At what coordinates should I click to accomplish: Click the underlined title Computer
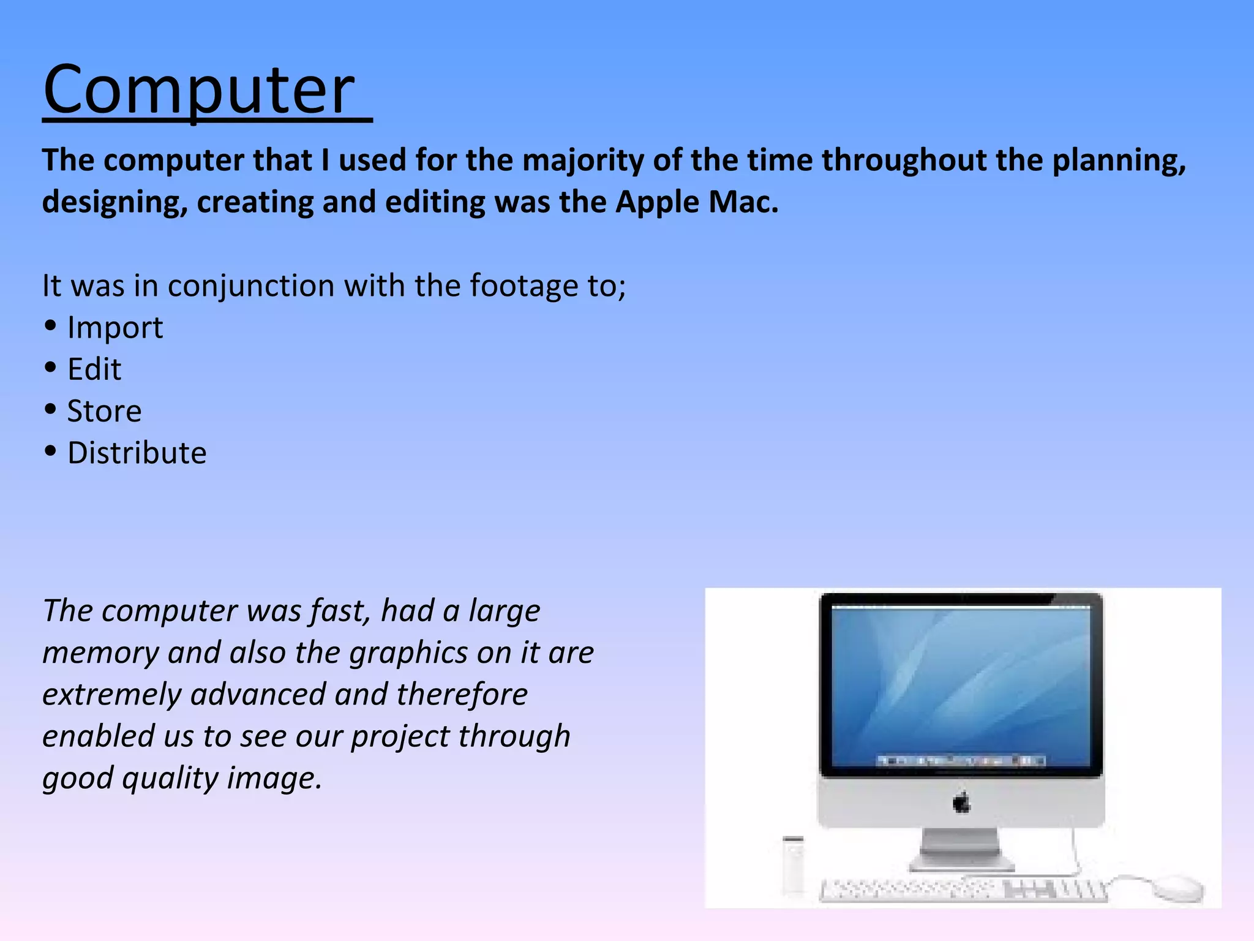(199, 91)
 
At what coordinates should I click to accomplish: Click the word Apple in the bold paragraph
(657, 202)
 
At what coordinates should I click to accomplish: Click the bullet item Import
(115, 328)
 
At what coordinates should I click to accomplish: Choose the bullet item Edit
(94, 369)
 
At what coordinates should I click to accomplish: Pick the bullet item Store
(104, 411)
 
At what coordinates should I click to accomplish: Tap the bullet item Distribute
(137, 453)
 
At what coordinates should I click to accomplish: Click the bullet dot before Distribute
(51, 452)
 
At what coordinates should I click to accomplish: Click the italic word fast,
(340, 611)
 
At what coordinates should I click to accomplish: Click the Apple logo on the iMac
(961, 802)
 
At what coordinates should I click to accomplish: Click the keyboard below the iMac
(961, 890)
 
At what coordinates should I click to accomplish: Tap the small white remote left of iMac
(793, 864)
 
